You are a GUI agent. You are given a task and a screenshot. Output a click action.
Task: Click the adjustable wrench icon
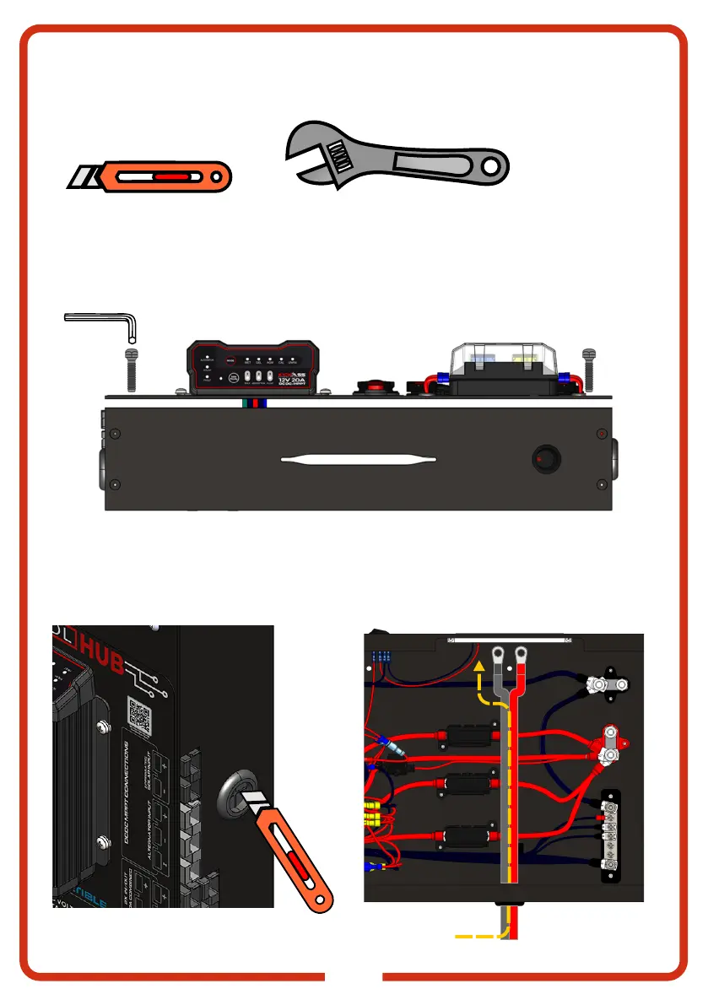[x=397, y=157]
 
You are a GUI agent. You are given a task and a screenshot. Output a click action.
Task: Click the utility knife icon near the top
[x=150, y=177]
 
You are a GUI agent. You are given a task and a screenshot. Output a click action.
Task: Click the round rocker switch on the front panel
[x=543, y=460]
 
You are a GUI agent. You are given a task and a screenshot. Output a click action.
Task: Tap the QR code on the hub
[x=139, y=715]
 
